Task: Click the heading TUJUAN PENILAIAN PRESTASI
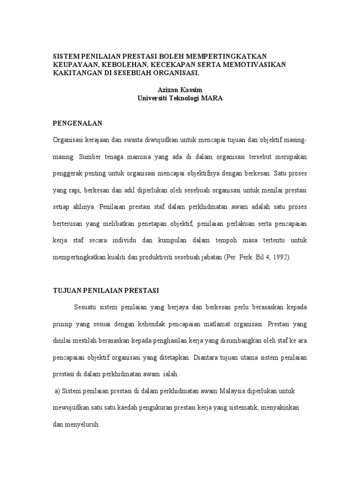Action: pos(105,291)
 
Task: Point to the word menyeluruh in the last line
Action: pos(83,424)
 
